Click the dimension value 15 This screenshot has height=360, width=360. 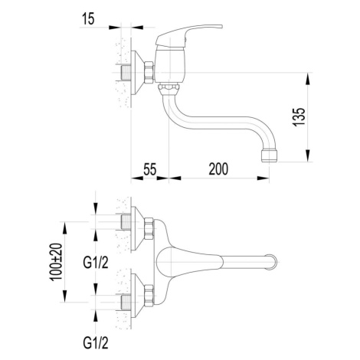[88, 18]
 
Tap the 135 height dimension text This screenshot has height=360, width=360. [299, 117]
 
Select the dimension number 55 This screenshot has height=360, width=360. [149, 169]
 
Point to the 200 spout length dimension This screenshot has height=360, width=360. [218, 169]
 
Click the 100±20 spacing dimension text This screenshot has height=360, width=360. [56, 262]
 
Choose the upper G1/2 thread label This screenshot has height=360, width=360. [96, 263]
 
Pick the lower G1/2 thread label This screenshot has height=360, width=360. [96, 343]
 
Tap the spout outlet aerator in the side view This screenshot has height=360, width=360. [269, 155]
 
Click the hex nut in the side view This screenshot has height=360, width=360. [149, 72]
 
